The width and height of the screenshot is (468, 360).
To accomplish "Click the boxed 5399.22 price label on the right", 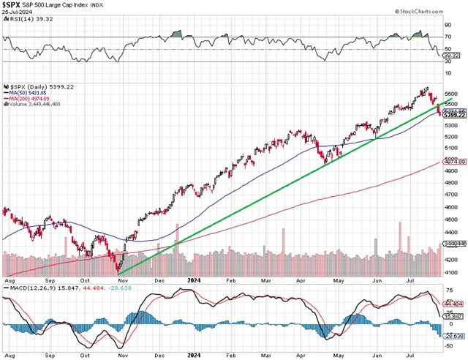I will tap(453, 116).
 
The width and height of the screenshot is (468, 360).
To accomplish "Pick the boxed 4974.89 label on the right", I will tap(453, 162).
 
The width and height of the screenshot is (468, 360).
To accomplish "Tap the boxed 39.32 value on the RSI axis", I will tap(452, 55).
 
